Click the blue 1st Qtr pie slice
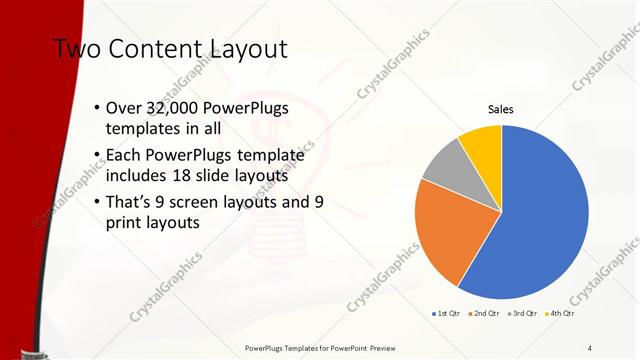[540, 220]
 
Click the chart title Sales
[501, 109]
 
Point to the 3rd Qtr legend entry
[524, 314]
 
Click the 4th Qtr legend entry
[564, 314]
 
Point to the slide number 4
[589, 347]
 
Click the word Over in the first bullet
[124, 109]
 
